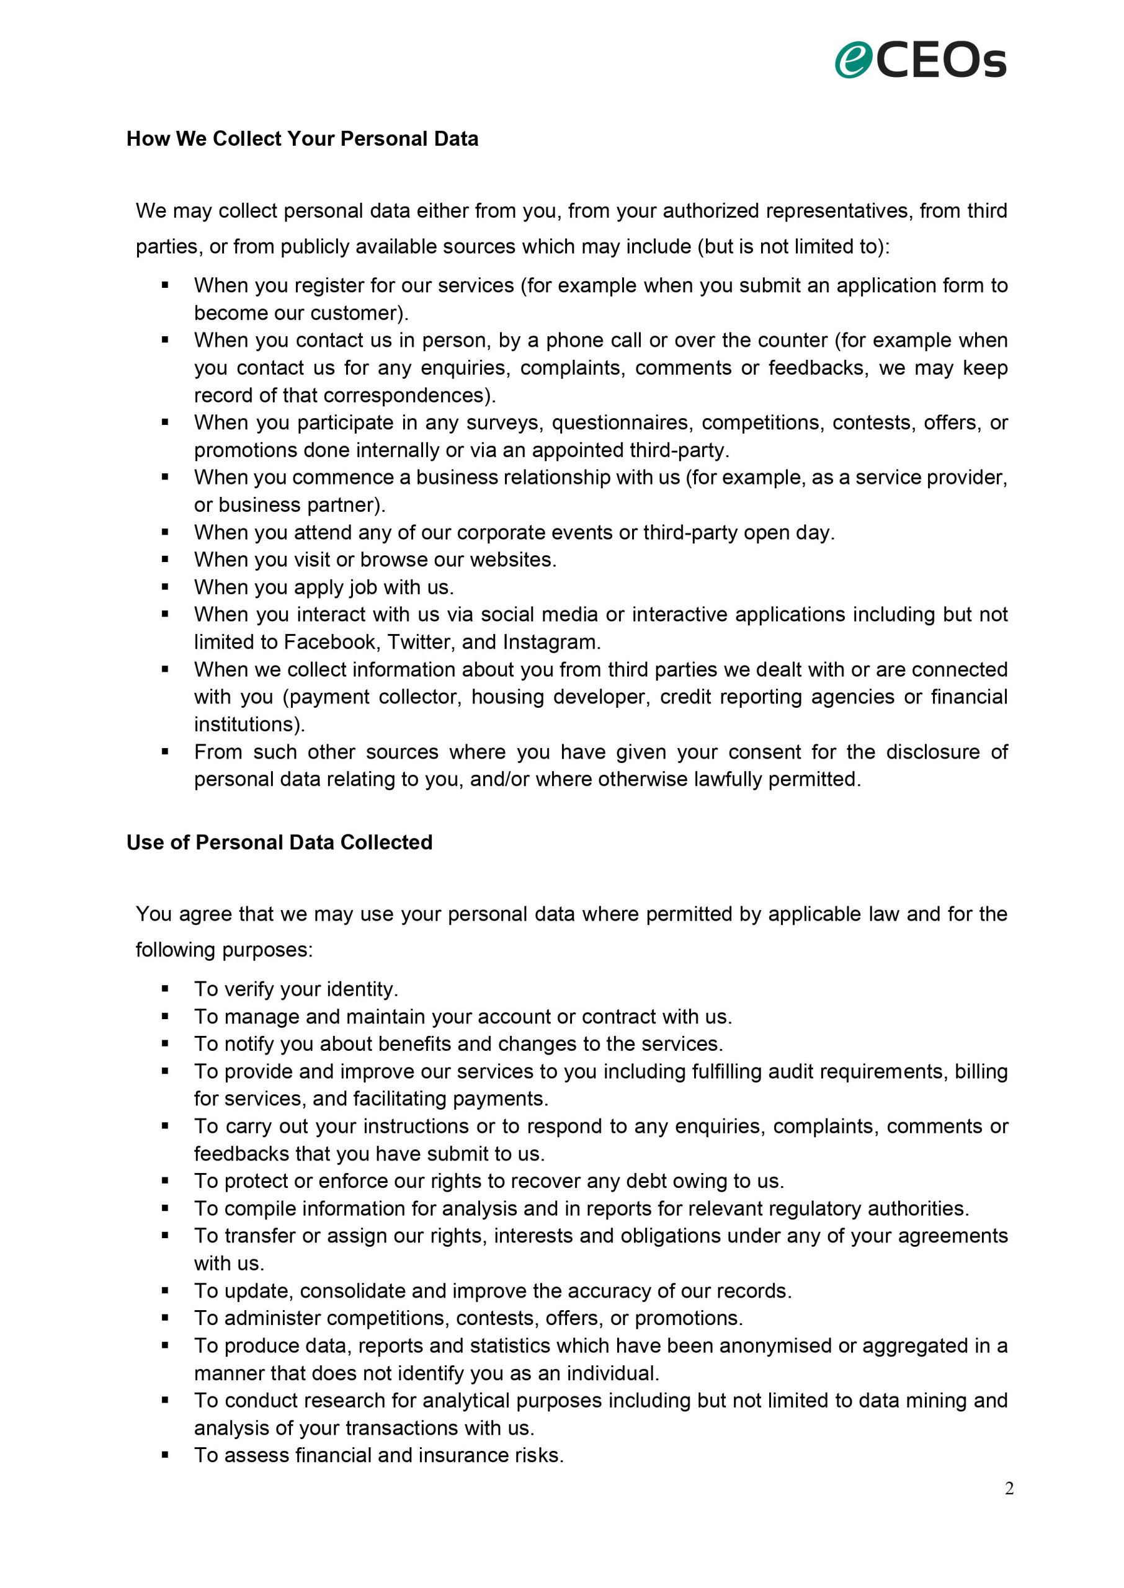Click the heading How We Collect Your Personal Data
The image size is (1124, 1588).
click(303, 138)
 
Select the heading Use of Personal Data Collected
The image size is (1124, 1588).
click(279, 842)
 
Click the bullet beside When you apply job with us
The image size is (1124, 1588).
click(165, 587)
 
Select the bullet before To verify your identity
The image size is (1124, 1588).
click(165, 989)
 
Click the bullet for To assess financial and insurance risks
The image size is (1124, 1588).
click(165, 1455)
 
